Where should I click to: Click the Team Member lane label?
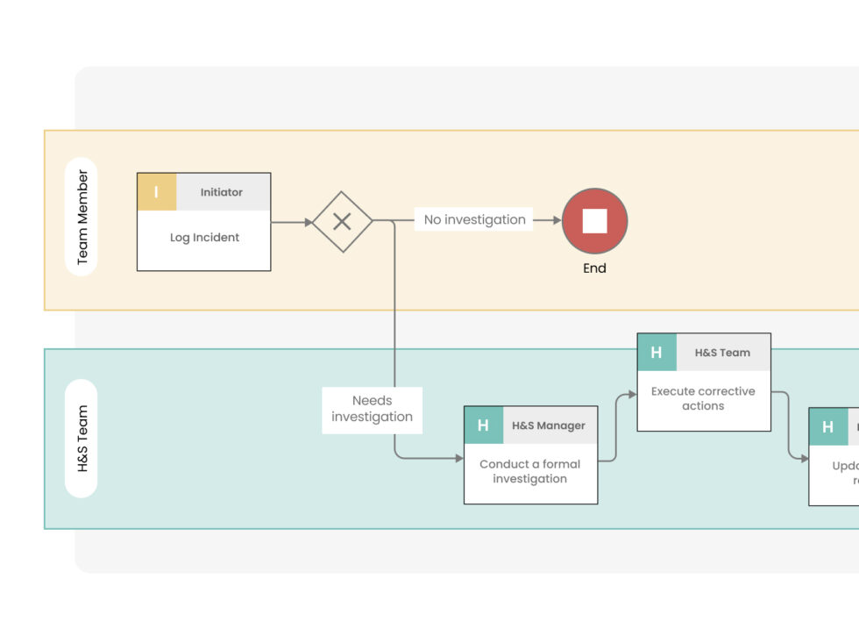pyautogui.click(x=82, y=218)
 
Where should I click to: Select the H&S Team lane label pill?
pyautogui.click(x=82, y=439)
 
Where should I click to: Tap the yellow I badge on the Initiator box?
pyautogui.click(x=157, y=192)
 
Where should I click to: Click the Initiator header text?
pyautogui.click(x=222, y=192)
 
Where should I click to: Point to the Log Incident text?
pyautogui.click(x=204, y=238)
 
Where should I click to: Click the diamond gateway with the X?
pyautogui.click(x=343, y=222)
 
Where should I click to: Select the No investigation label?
pyautogui.click(x=474, y=220)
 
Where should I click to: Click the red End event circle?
pyautogui.click(x=594, y=221)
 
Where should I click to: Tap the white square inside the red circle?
pyautogui.click(x=594, y=221)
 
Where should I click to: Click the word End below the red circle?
pyautogui.click(x=594, y=268)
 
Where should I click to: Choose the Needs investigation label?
pyautogui.click(x=372, y=409)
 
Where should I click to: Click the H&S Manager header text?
pyautogui.click(x=549, y=425)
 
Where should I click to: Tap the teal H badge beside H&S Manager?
pyautogui.click(x=483, y=425)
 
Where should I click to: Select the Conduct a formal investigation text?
pyautogui.click(x=529, y=471)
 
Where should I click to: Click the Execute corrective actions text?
pyautogui.click(x=703, y=398)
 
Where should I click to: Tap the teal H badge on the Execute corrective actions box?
pyautogui.click(x=657, y=353)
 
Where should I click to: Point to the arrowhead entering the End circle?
pyautogui.click(x=556, y=221)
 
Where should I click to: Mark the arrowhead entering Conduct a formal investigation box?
pyautogui.click(x=458, y=458)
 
